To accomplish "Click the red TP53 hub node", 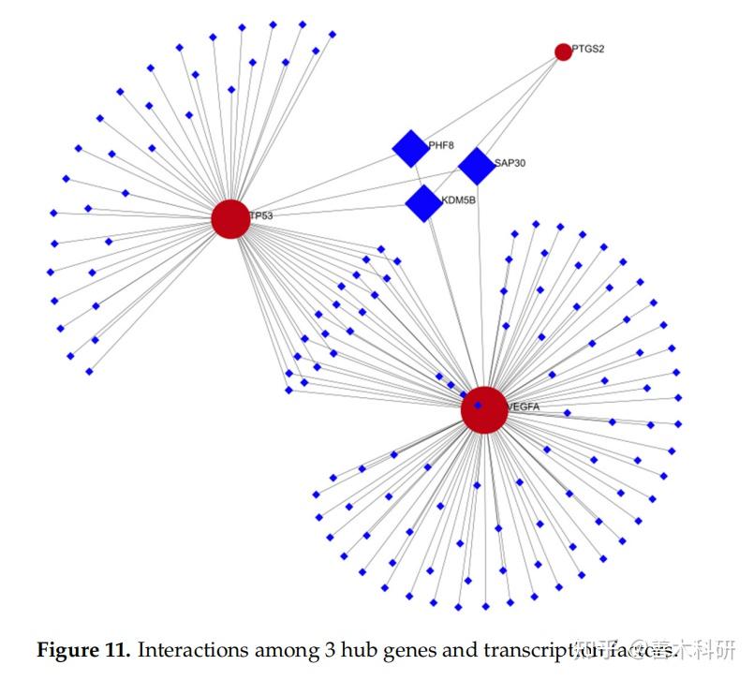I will (x=229, y=218).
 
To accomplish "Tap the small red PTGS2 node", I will (x=563, y=52).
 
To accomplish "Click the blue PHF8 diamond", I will (x=410, y=148).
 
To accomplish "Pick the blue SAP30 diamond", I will (x=477, y=166).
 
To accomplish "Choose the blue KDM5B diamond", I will (x=423, y=203).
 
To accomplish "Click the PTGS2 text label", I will (x=589, y=49).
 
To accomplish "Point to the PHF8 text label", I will (x=441, y=146).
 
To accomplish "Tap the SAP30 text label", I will (x=510, y=163).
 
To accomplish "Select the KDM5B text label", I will (x=459, y=200).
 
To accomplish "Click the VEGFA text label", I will (x=524, y=407).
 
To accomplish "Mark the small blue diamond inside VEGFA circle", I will (x=479, y=406).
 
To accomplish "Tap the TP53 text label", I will (x=261, y=216).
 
